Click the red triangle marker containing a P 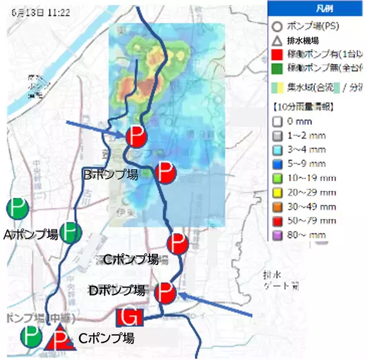(60, 339)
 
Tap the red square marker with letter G (129, 317)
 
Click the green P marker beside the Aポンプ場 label (70, 232)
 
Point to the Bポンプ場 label (110, 174)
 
